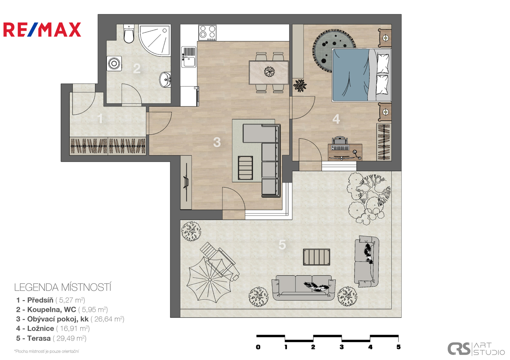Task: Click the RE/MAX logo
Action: tap(42, 30)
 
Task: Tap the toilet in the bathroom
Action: tap(129, 34)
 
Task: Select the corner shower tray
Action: tap(155, 40)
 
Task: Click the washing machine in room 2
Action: tap(114, 63)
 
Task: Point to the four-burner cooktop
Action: tap(207, 33)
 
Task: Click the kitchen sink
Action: tap(189, 57)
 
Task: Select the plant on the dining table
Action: tap(269, 72)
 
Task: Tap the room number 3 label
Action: tap(217, 142)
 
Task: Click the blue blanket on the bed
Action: tap(351, 75)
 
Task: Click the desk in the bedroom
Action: tap(345, 152)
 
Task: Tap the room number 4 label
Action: tap(336, 119)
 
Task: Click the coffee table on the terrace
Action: tap(317, 257)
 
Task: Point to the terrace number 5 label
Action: tap(282, 245)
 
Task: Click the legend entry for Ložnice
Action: tap(53, 328)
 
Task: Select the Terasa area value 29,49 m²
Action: tap(70, 338)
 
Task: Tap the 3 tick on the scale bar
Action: tap(341, 347)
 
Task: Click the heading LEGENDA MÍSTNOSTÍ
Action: tap(62, 287)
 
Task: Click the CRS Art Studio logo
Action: tap(476, 349)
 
